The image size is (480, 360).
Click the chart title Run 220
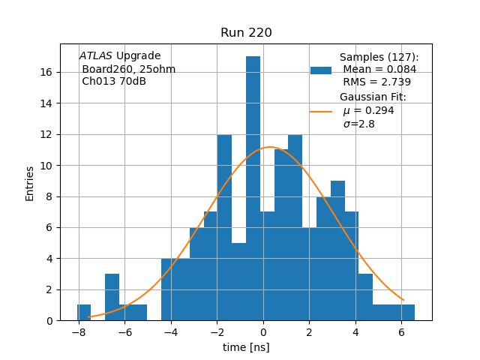[246, 33]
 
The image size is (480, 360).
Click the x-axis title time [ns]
[246, 347]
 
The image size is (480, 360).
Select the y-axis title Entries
[30, 182]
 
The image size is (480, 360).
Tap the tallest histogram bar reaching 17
[253, 187]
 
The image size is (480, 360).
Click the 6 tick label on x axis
[401, 331]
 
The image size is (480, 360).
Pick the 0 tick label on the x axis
[263, 331]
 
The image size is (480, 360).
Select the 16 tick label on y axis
[46, 72]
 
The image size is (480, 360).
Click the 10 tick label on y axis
[46, 165]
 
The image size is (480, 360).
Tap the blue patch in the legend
[321, 70]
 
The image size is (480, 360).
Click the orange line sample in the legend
[321, 111]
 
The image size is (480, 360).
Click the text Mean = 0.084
[379, 70]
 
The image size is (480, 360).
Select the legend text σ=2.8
[358, 124]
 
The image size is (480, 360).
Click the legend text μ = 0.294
[368, 111]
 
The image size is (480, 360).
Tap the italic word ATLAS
[95, 56]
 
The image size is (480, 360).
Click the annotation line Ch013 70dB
[114, 82]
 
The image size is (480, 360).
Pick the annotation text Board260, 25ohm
[128, 69]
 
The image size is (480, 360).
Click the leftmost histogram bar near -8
[84, 313]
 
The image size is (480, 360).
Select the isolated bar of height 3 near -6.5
[112, 297]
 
